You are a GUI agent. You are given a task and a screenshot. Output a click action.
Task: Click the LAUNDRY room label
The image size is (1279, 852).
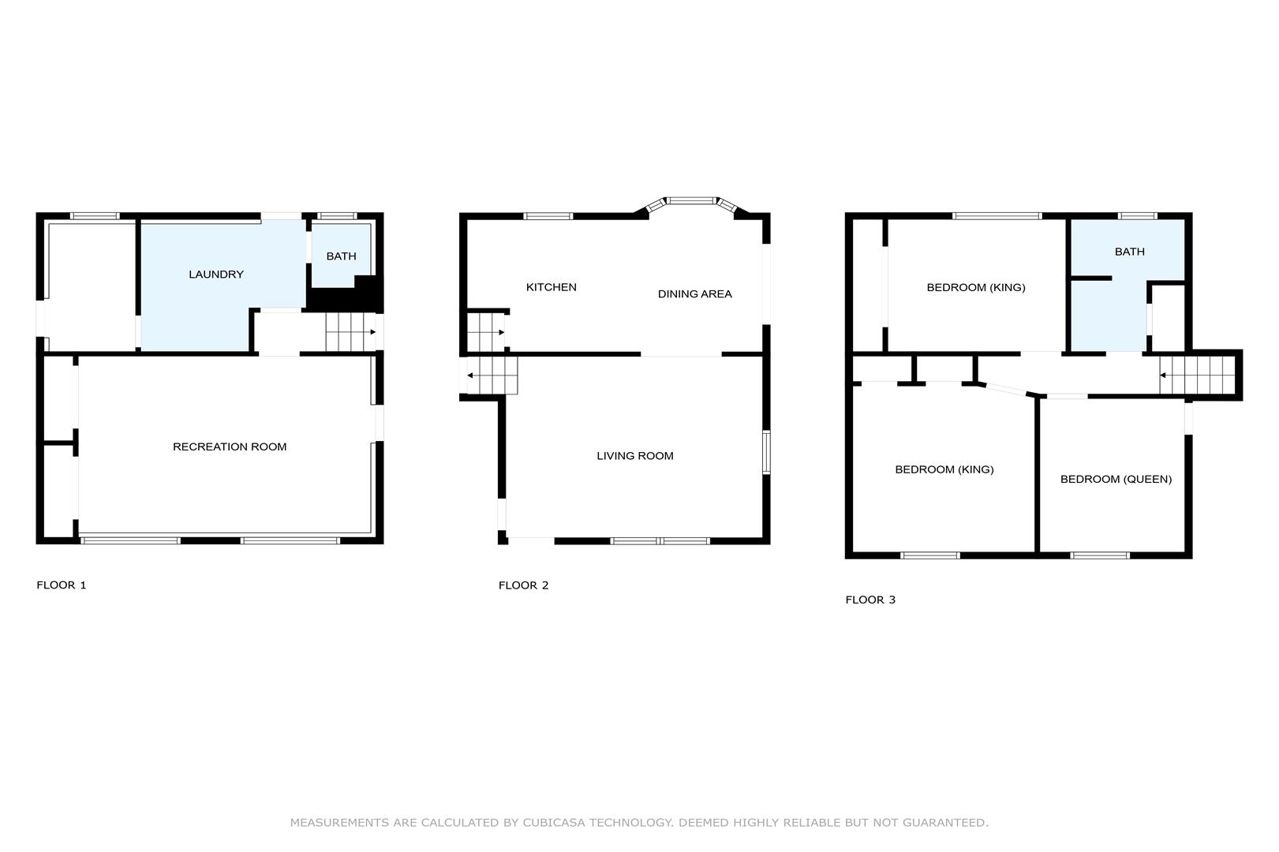216,275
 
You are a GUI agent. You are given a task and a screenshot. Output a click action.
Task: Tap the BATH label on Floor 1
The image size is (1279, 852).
341,256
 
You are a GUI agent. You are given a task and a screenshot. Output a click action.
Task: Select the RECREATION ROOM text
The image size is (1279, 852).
230,447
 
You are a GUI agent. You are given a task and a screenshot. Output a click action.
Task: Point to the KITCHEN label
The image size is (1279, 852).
551,287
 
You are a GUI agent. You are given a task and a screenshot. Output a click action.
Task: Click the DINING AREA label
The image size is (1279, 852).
694,294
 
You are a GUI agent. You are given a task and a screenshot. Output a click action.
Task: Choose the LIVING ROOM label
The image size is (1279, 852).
635,456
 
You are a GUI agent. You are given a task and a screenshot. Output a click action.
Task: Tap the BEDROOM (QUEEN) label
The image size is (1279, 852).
1116,480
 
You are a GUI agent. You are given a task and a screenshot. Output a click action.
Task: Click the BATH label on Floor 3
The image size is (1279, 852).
1129,252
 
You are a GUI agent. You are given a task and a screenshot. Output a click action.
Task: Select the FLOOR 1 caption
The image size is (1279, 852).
61,585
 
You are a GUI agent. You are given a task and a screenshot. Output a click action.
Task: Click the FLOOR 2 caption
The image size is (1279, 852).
523,585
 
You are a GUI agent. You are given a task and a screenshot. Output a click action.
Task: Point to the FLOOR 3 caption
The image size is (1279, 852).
870,600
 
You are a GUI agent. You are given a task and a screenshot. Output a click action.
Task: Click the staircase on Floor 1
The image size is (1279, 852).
350,332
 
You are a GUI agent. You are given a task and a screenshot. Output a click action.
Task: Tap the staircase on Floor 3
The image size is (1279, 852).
1197,376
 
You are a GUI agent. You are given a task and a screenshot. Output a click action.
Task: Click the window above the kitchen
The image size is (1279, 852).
548,216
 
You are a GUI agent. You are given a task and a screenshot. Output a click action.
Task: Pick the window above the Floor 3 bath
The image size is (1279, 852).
1138,216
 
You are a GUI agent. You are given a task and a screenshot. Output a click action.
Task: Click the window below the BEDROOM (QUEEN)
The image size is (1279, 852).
1100,555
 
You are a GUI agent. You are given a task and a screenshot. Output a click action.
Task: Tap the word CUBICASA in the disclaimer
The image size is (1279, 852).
554,823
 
